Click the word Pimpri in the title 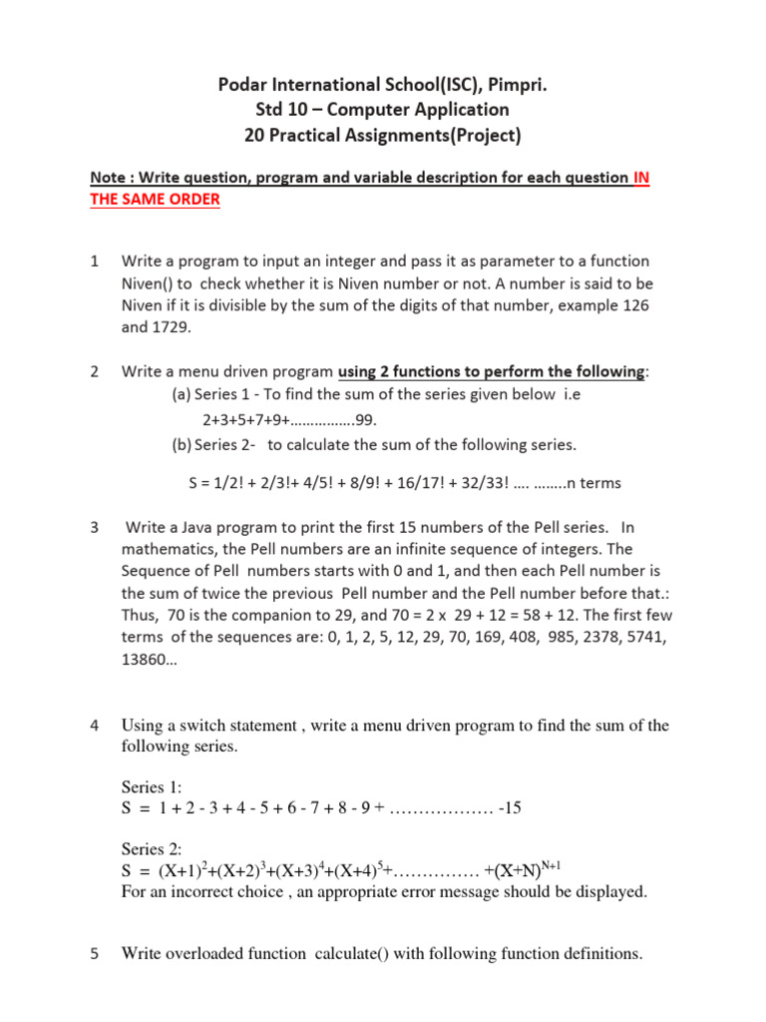click(516, 86)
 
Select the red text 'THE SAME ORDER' click(155, 199)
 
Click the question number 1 click(94, 261)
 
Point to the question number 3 click(94, 526)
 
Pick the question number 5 click(94, 954)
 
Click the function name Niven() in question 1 click(152, 282)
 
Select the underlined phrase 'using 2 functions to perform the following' click(492, 371)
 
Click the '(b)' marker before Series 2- click(183, 444)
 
